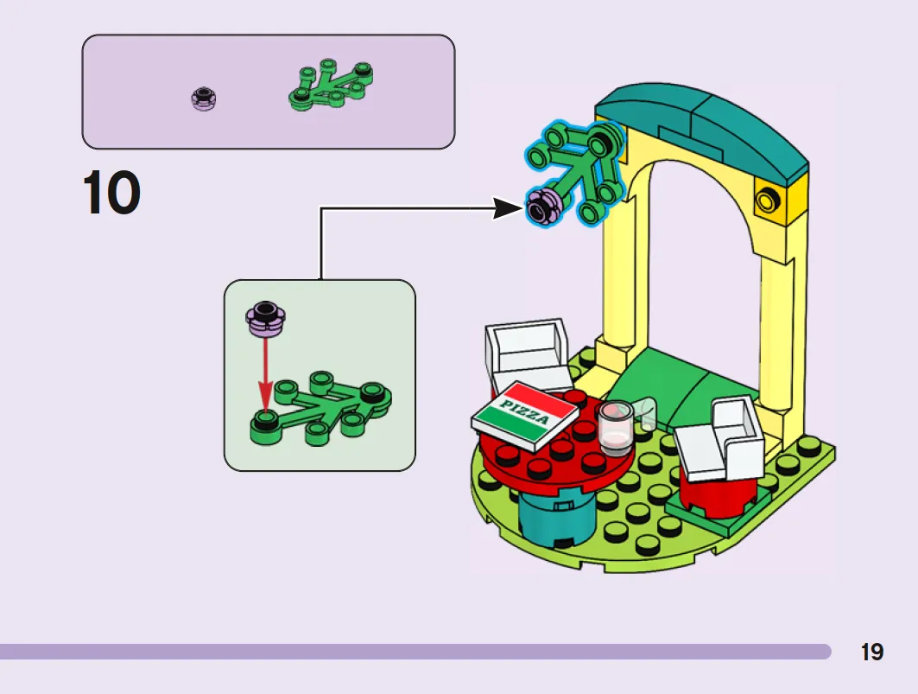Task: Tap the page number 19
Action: (x=871, y=652)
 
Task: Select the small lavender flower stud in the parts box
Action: (x=204, y=99)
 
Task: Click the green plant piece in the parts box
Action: (x=331, y=85)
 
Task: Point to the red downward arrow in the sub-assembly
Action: (x=266, y=375)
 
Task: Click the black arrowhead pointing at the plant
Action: (x=507, y=208)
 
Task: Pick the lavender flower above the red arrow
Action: (x=265, y=319)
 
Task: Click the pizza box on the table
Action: (x=525, y=416)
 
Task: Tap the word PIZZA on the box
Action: (x=525, y=411)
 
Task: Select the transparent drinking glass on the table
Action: (x=616, y=427)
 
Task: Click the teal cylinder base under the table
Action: (x=556, y=519)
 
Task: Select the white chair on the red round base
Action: (x=719, y=440)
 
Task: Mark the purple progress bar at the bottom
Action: (x=415, y=652)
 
